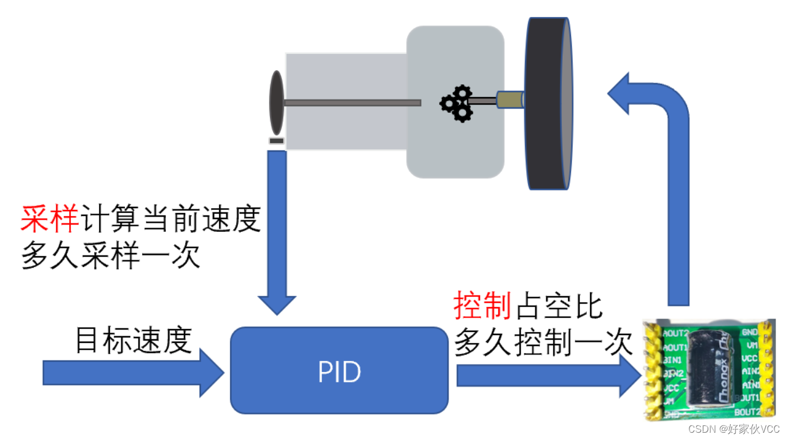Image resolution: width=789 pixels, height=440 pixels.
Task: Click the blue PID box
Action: click(339, 370)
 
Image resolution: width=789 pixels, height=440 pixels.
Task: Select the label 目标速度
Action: click(134, 340)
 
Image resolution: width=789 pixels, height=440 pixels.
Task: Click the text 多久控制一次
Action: click(543, 344)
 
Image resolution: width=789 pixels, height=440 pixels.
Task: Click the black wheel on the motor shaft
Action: click(549, 103)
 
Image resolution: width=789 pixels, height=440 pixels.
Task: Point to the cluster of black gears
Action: click(457, 103)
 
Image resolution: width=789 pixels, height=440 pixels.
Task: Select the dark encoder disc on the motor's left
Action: click(277, 103)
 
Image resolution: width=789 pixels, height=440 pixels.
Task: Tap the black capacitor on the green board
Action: click(713, 364)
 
